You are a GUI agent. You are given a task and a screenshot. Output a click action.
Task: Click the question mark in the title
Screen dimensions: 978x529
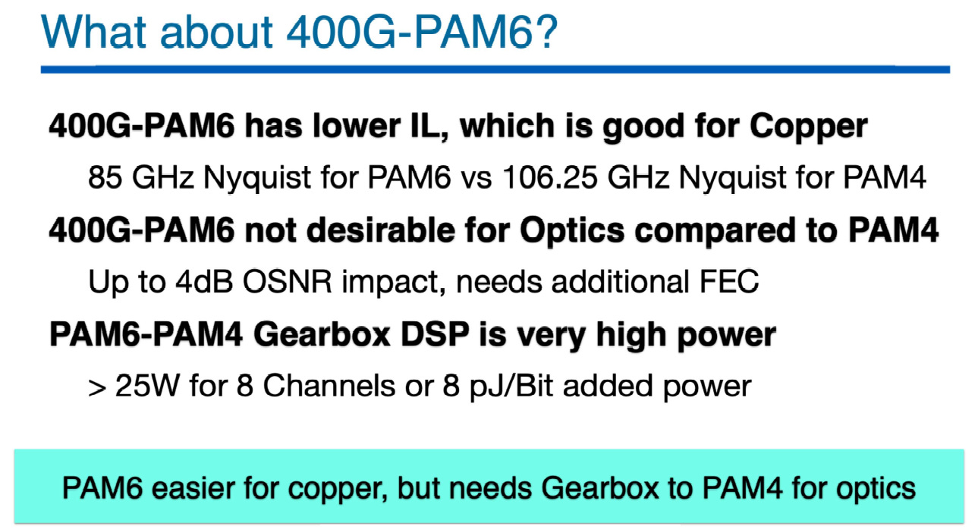546,31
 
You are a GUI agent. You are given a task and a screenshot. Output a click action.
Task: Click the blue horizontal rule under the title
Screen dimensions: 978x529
495,69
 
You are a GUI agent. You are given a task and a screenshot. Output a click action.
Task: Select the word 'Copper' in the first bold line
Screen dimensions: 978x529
809,127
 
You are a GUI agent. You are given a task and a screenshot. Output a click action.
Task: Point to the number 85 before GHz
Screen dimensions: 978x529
105,177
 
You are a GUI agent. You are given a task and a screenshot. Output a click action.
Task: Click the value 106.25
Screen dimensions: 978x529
549,177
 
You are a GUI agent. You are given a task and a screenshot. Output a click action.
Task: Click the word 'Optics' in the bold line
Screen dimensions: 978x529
572,232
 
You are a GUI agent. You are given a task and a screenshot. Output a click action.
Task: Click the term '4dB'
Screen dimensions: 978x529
204,281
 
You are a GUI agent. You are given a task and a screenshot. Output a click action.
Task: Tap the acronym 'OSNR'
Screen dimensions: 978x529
288,281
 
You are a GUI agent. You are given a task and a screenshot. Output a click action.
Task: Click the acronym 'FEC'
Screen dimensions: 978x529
729,281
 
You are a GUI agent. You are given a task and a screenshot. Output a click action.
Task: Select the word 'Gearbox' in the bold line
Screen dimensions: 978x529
322,334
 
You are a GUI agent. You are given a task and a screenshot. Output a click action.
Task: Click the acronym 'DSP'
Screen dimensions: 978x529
435,334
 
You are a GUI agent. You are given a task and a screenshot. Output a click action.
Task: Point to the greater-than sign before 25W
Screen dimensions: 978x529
97,388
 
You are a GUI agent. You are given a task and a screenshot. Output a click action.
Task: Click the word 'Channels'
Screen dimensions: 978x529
329,386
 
